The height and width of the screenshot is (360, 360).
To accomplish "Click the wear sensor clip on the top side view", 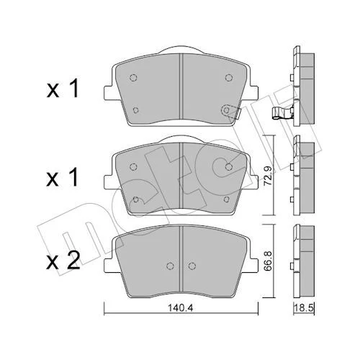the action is pyautogui.click(x=282, y=113).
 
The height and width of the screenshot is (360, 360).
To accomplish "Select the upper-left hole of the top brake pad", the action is pyautogui.click(x=133, y=78).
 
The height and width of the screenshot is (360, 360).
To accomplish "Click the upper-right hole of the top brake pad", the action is pyautogui.click(x=229, y=78).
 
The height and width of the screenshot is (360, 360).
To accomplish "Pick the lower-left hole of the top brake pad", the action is pyautogui.click(x=136, y=110).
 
